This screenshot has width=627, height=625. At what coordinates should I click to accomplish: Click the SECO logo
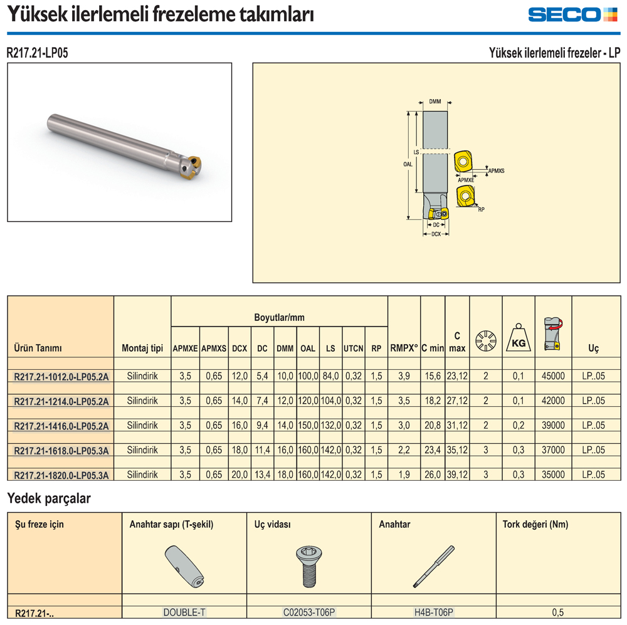[572, 14]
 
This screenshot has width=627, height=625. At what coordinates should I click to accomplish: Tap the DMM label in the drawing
[435, 102]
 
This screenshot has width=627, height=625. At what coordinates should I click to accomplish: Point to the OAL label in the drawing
[408, 164]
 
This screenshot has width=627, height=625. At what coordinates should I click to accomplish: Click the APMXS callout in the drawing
[496, 171]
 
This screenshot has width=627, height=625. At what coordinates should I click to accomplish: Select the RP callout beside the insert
[481, 209]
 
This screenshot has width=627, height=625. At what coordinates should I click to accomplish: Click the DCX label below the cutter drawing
[436, 234]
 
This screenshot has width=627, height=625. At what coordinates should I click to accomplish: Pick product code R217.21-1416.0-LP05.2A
[61, 426]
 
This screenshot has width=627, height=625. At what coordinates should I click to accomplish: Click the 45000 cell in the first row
[553, 376]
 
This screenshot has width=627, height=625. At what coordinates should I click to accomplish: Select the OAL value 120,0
[308, 401]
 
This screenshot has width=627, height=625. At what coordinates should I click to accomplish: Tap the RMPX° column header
[404, 349]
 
